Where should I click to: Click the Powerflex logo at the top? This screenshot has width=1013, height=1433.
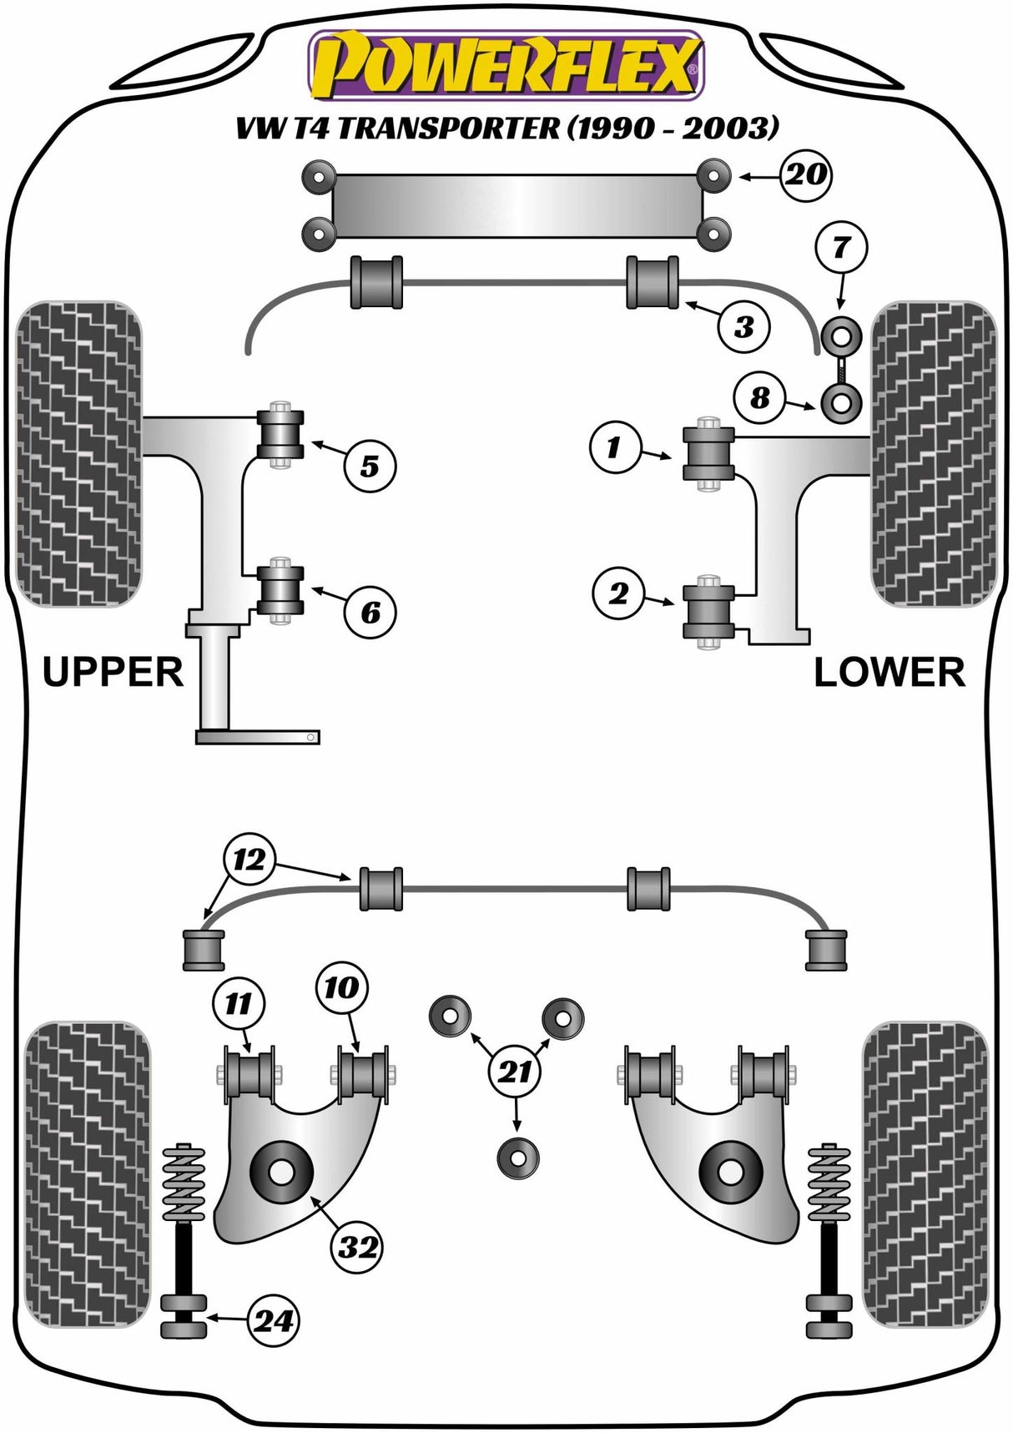coord(507,64)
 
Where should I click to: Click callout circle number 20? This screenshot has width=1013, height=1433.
coord(806,175)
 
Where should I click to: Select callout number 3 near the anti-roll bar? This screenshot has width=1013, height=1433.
coord(743,326)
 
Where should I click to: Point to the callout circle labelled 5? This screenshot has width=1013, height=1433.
coord(370,466)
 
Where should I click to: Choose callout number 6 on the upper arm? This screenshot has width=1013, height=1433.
coord(370,613)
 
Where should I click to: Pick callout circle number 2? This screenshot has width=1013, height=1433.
coord(618,593)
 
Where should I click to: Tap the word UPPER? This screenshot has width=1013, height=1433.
coord(113,672)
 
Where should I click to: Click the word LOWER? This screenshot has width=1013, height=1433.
coord(889,672)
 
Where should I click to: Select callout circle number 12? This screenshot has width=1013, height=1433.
coord(249,860)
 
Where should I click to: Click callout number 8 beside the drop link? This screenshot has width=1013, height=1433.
coord(759,397)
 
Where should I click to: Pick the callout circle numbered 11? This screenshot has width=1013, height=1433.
coord(239,1002)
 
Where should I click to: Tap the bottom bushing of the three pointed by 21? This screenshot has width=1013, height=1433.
coord(517,1158)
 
